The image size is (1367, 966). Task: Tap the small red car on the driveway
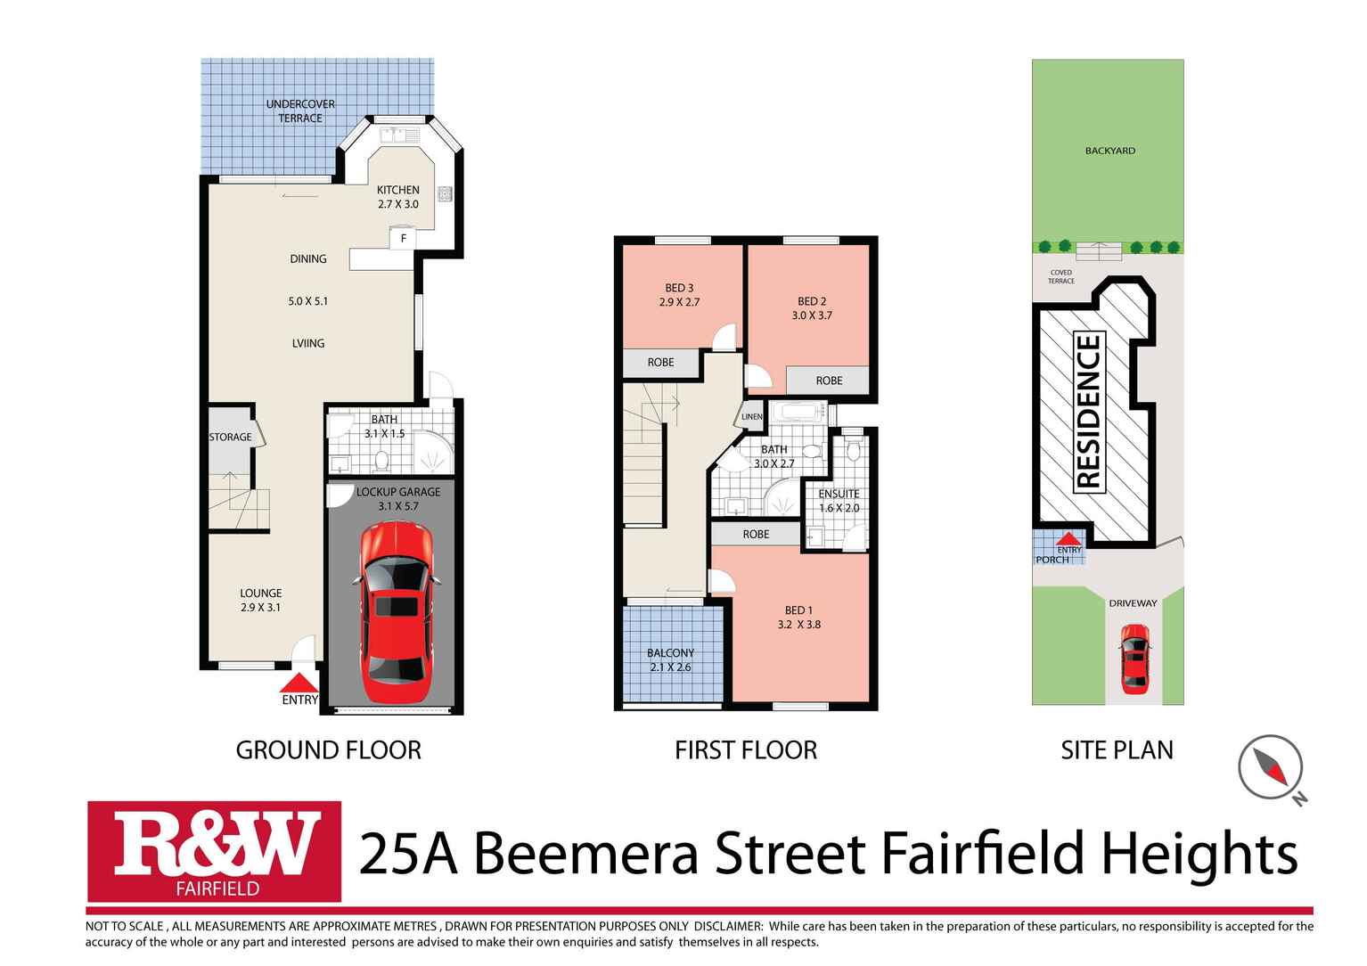pos(1134,659)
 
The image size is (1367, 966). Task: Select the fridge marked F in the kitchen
pos(403,238)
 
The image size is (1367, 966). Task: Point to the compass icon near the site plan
pos(1271,767)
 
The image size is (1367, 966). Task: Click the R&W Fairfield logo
pos(215,851)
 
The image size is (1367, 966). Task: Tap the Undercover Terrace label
pos(300,111)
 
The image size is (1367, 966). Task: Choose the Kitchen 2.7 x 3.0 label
pos(397,197)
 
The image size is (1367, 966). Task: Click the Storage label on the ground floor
pos(230,437)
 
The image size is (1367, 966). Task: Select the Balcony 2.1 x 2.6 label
pos(670,659)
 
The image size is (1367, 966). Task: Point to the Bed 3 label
pos(679,294)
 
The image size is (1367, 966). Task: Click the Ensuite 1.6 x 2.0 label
pos(839,501)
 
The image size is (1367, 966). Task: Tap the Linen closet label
pos(751,416)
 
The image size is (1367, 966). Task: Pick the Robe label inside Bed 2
pos(829,381)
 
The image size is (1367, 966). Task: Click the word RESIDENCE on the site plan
pos(1089,411)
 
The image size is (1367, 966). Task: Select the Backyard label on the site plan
pos(1109,151)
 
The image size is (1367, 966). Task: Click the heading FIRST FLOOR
pos(745,750)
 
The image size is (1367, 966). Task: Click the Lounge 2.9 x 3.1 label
pos(260,600)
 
